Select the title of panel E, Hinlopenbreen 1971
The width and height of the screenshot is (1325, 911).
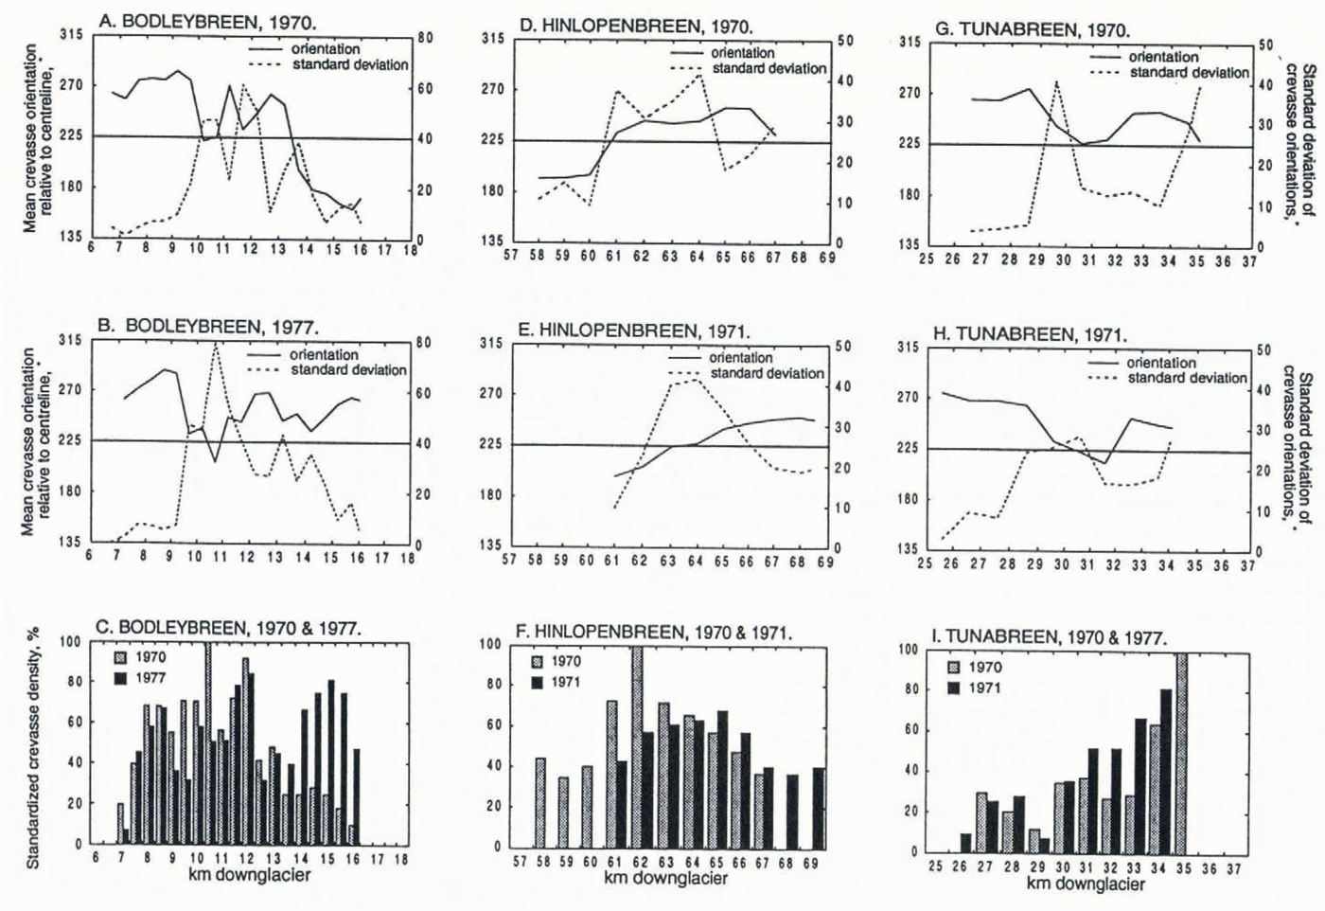coord(633,331)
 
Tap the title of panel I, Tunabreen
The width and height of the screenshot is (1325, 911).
coord(1050,637)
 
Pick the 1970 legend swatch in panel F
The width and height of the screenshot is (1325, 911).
coord(537,661)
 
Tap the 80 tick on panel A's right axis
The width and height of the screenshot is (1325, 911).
coord(425,38)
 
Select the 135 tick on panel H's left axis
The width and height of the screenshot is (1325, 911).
coord(908,549)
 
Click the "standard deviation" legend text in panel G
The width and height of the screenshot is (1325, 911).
coord(1189,73)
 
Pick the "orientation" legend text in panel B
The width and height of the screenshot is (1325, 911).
coord(324,354)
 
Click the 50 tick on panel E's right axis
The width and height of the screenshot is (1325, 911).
coord(843,347)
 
